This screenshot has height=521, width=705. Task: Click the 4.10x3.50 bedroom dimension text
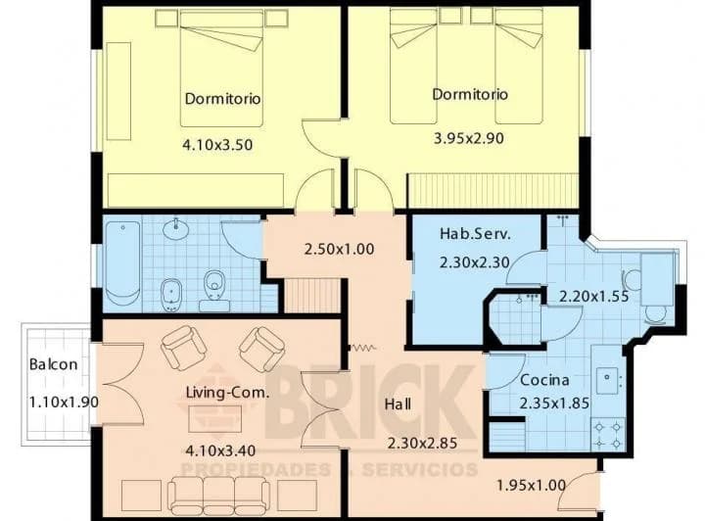coord(217,145)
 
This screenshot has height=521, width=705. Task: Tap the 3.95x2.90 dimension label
coord(468,138)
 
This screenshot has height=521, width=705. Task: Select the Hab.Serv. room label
coord(475,234)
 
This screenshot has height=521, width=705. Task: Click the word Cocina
coord(544,380)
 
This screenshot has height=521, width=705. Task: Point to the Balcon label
coord(53,364)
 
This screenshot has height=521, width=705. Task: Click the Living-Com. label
coord(227,393)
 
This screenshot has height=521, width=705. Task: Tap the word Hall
coord(398,403)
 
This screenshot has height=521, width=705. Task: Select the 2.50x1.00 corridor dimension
coord(339,249)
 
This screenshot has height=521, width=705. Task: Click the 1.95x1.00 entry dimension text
coord(531,485)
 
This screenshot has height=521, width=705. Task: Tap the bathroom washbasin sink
coord(176,229)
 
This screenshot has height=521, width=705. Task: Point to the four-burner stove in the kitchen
coord(607,433)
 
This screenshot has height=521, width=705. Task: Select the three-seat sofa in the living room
coord(219,496)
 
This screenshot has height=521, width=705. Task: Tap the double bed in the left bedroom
coord(221,69)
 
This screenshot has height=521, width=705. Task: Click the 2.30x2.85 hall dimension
coord(422,444)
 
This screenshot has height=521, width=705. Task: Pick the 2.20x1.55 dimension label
coord(593,297)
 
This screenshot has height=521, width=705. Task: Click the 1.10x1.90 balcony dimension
coord(64,402)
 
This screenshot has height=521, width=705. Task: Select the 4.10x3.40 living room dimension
coord(220,450)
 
